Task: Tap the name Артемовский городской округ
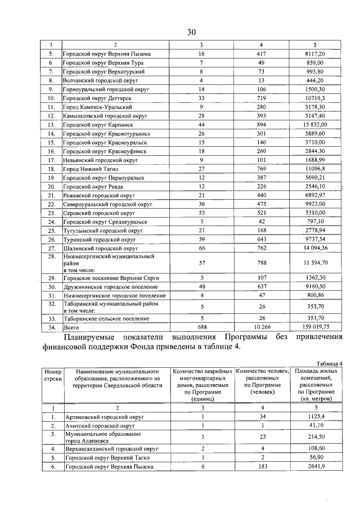[104, 417]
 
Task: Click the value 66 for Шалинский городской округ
[201, 247]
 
